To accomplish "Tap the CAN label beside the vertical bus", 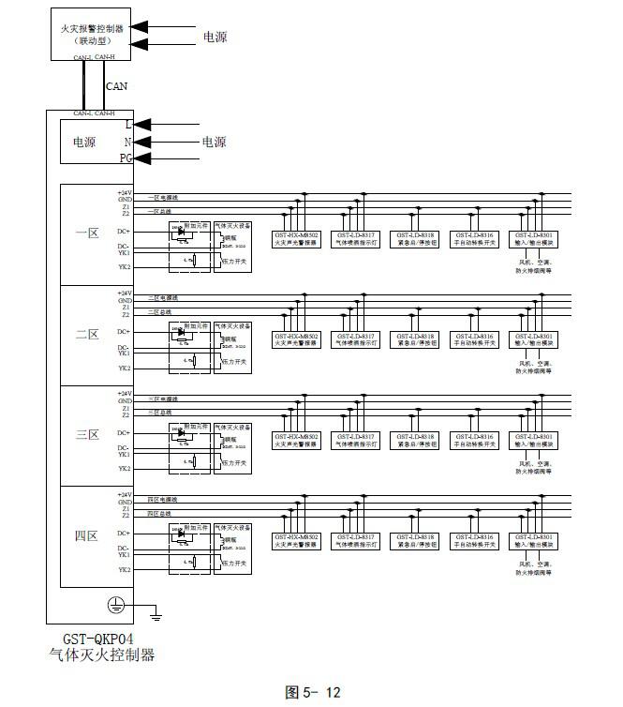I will (x=116, y=86).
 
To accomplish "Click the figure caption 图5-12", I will (x=313, y=693).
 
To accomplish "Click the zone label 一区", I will (x=86, y=233).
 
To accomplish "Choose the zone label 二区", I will (x=86, y=335).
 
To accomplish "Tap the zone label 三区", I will (x=86, y=435).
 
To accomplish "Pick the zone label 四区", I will (x=86, y=536).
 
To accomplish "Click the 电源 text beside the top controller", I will (x=215, y=38).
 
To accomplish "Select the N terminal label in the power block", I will (x=127, y=142).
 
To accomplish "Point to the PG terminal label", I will (x=126, y=159).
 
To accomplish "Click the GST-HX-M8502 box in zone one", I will (x=296, y=237).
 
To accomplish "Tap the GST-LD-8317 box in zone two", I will (x=356, y=338).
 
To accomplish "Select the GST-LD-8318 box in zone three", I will (x=415, y=439).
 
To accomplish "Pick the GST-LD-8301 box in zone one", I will (x=535, y=237).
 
